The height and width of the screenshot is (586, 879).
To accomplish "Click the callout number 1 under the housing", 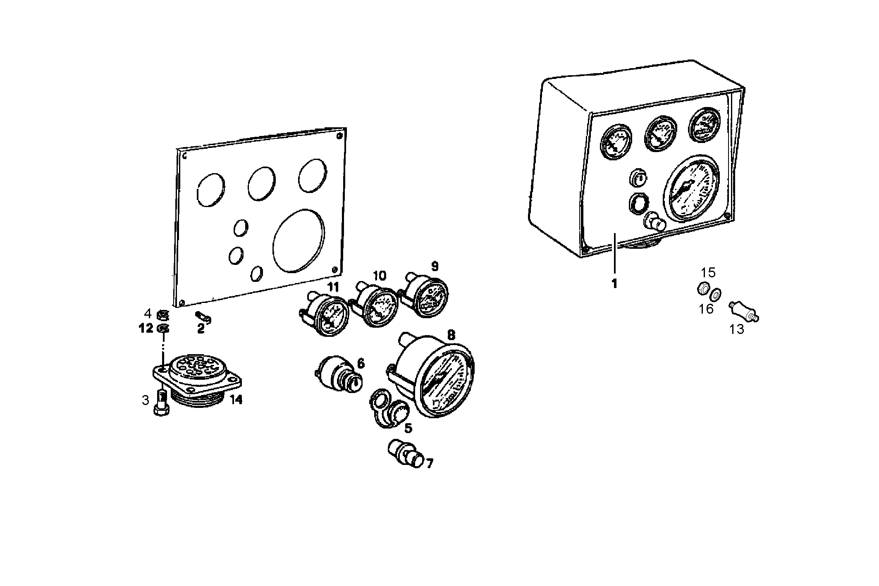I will pos(614,284).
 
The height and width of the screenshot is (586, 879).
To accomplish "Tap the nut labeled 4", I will pos(163,316).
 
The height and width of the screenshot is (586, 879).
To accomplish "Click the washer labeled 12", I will pos(163,329).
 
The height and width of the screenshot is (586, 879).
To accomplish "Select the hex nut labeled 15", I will pos(702,288).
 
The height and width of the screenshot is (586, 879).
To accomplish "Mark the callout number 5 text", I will pos(408,428).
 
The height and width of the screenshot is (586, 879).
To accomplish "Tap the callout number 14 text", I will pos(236,400).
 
